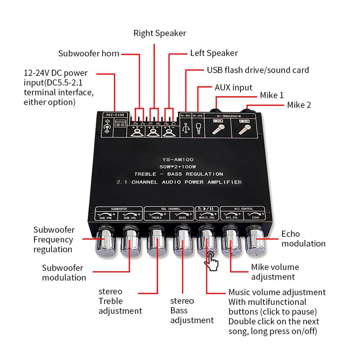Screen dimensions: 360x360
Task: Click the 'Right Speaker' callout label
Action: pyautogui.click(x=159, y=33)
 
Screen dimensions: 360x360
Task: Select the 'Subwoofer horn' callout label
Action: pyautogui.click(x=89, y=54)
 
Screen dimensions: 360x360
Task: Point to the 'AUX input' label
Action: pyautogui.click(x=233, y=87)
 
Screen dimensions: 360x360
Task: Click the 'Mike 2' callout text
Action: pyautogui.click(x=299, y=105)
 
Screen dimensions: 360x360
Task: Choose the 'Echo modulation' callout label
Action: pyautogui.click(x=303, y=239)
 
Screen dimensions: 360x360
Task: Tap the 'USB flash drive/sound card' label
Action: pyautogui.click(x=258, y=70)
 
